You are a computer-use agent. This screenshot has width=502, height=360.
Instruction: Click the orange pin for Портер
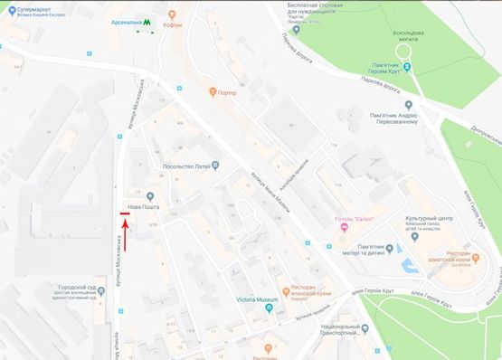(x=213, y=90)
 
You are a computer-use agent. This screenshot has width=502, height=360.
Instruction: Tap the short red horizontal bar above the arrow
(x=125, y=215)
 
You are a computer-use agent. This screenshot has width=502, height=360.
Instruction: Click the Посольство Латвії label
(x=185, y=166)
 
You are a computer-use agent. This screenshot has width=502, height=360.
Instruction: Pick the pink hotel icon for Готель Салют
(x=343, y=227)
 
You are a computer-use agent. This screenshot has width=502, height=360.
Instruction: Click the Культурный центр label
(x=428, y=218)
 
